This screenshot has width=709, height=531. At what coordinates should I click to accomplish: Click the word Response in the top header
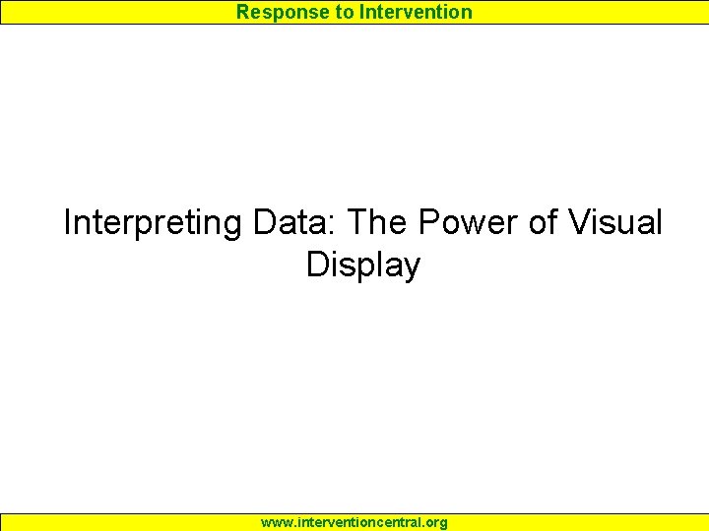coord(275,12)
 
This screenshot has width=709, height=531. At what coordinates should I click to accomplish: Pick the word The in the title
coord(379,222)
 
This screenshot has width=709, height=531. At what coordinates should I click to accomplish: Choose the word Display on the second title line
coord(362,265)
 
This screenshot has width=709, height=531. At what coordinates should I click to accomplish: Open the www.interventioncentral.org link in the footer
coord(354,522)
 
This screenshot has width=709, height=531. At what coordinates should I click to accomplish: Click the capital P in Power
coord(428,222)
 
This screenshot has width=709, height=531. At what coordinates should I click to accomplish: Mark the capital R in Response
coord(242,12)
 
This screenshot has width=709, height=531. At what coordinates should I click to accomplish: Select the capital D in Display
coord(317,265)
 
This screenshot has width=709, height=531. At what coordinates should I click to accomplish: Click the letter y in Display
coord(412,268)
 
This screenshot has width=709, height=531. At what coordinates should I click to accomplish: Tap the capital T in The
coord(359,222)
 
